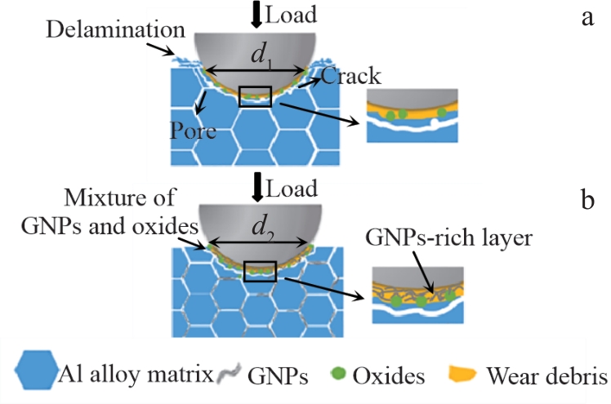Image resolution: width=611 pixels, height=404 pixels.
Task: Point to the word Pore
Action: pyautogui.click(x=193, y=131)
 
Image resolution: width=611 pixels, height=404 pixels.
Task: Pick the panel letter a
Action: pyautogui.click(x=586, y=18)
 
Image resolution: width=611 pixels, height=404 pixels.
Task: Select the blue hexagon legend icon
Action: pyautogui.click(x=37, y=373)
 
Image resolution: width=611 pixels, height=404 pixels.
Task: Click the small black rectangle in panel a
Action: pyautogui.click(x=254, y=96)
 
